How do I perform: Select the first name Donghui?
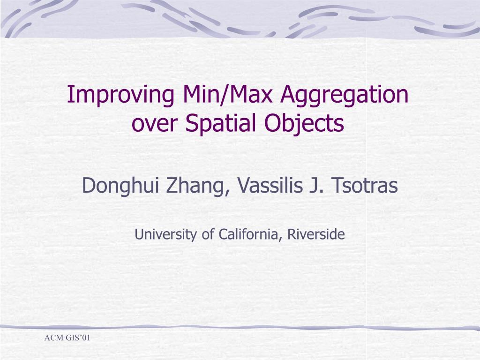[x=119, y=186]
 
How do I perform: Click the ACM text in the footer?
[x=53, y=337]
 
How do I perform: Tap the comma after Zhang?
[x=229, y=193]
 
